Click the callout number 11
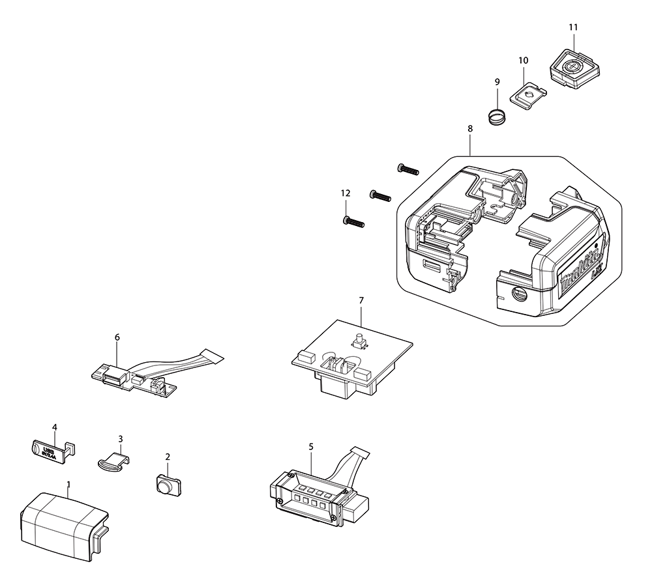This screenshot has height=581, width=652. tap(573, 27)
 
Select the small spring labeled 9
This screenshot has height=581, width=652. tap(497, 117)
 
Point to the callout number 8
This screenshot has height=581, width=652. tap(470, 129)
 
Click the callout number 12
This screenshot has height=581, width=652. tap(346, 193)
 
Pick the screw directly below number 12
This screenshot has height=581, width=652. tap(353, 222)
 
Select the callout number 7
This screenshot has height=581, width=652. tap(361, 300)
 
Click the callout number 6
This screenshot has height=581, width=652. tap(117, 337)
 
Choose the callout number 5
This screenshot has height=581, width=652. tap(311, 446)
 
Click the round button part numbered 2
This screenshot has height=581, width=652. tap(168, 484)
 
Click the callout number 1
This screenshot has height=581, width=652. tap(68, 484)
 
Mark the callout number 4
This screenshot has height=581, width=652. tap(55, 427)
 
